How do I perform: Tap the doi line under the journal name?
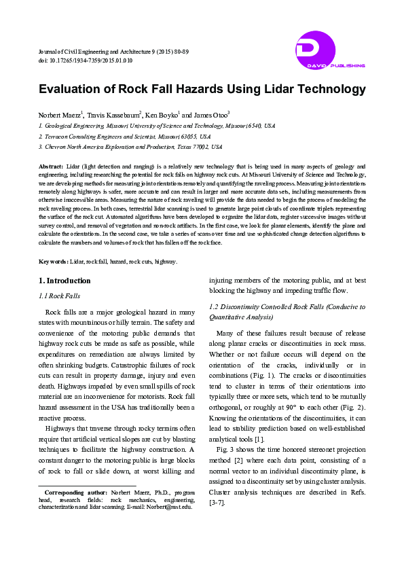(x=86, y=60)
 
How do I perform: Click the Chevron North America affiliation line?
(x=130, y=146)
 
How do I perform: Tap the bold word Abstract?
(x=52, y=166)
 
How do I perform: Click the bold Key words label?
(x=53, y=261)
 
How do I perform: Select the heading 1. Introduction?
(x=65, y=281)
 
